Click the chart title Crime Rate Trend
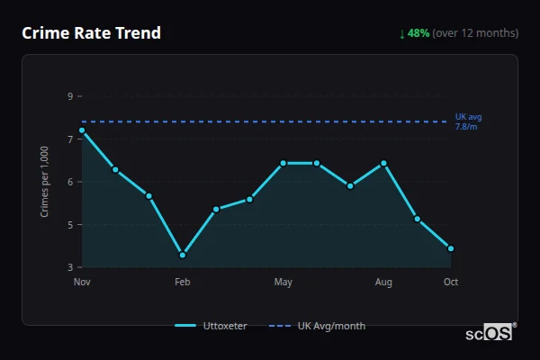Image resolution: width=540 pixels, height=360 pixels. (x=91, y=33)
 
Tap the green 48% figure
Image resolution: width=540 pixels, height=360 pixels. (x=418, y=33)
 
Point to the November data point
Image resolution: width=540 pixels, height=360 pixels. (x=82, y=130)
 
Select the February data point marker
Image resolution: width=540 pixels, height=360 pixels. (x=183, y=255)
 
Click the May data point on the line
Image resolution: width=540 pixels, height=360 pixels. (x=283, y=163)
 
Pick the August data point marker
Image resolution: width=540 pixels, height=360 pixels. (x=384, y=163)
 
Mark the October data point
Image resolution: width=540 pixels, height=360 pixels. (x=451, y=248)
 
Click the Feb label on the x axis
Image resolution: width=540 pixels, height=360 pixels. (x=183, y=282)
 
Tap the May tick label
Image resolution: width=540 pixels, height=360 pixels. (x=283, y=282)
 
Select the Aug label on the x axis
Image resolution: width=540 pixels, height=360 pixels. (x=384, y=282)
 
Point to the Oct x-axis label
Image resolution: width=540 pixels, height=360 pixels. (x=451, y=282)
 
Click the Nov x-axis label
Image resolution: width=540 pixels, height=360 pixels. (x=82, y=282)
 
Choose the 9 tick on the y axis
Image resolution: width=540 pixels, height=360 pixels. (x=70, y=96)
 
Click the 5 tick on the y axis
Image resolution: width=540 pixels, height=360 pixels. (x=70, y=224)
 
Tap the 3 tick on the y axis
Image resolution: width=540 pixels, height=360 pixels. (x=70, y=267)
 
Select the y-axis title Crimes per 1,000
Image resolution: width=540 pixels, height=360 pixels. (x=45, y=182)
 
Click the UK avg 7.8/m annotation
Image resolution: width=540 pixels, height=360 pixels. (x=468, y=121)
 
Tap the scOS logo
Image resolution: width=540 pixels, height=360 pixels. (x=489, y=333)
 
